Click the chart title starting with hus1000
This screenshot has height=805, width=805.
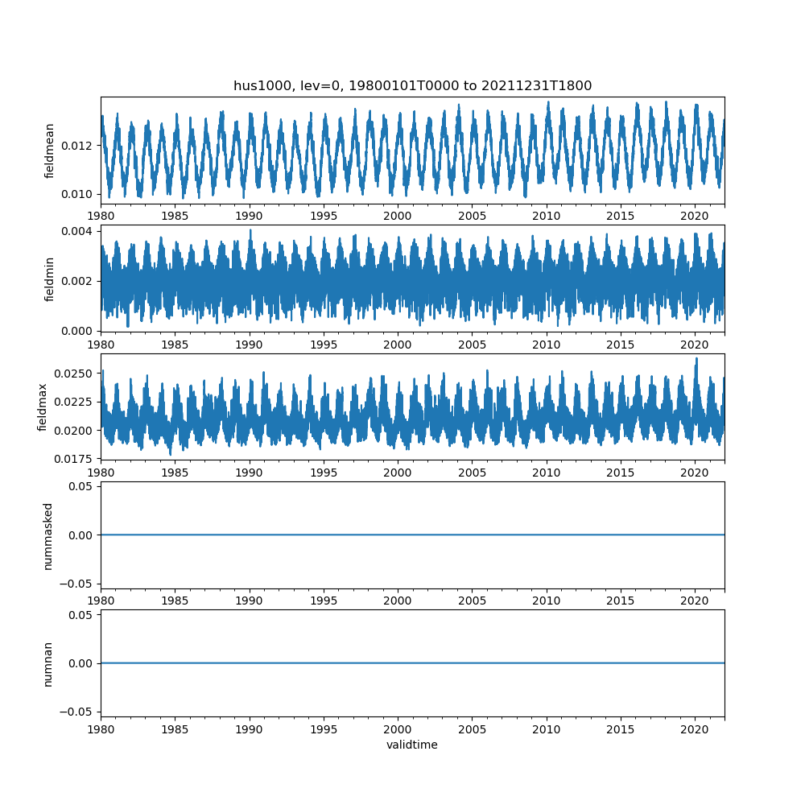(412, 86)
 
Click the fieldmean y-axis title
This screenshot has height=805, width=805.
(50, 151)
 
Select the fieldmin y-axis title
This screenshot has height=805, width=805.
(50, 279)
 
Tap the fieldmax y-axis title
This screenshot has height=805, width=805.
(43, 407)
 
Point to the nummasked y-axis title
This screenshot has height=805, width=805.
(48, 535)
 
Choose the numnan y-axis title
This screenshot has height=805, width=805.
(48, 663)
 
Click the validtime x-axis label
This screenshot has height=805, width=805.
(412, 745)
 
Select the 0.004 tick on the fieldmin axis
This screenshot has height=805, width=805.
(79, 231)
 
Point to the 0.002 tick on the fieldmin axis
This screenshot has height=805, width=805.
(79, 281)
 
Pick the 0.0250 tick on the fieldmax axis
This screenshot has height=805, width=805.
(76, 374)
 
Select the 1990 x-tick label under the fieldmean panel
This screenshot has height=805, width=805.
(250, 216)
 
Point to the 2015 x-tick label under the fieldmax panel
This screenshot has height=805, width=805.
(621, 473)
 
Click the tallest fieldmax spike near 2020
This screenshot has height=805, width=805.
(696, 358)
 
